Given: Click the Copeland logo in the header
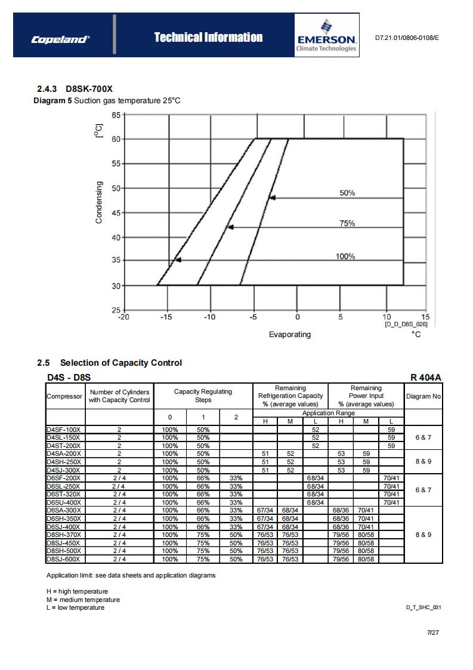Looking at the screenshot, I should coord(60,39).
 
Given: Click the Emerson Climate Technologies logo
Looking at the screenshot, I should coord(326,36).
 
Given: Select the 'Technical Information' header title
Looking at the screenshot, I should coord(208,38).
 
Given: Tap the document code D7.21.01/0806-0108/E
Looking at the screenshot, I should coord(407,38).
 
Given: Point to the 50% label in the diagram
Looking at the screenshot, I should coord(347,193).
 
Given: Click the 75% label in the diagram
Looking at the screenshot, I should coord(347,224).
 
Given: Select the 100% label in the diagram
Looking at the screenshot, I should coord(345,257).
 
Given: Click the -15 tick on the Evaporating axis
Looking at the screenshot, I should coord(166,317).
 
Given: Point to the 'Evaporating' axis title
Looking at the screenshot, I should coord(289,335).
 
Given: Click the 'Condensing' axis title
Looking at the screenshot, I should coord(99,202).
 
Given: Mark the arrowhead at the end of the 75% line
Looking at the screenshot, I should coord(230,227).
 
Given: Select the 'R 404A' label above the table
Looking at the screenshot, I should coord(426,377).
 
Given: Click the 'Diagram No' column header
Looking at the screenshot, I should coord(423,396).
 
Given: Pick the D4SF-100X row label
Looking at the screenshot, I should coord(63,430).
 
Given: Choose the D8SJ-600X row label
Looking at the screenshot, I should coord(63,559).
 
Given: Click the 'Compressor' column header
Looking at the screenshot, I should coord(64,396).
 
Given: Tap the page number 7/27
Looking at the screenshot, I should coord(432,632).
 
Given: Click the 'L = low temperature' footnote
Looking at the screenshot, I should coord(75,607).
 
